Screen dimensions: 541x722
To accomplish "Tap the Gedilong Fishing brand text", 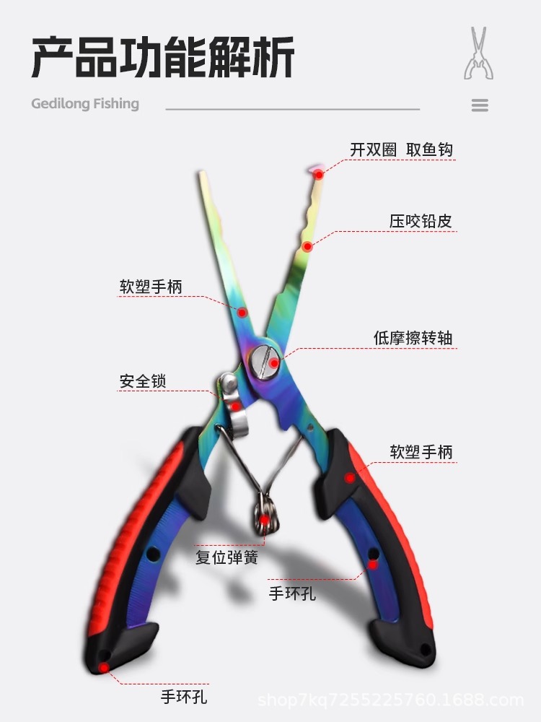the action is (85, 103).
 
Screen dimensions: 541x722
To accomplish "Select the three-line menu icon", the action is (480, 105).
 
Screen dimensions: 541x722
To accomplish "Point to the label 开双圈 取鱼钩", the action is (402, 149).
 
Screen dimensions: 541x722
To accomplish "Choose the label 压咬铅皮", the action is (421, 221).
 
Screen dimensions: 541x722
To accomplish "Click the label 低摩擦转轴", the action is (413, 337).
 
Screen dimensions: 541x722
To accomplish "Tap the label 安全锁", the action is (143, 380).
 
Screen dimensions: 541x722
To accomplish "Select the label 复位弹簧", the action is (226, 557).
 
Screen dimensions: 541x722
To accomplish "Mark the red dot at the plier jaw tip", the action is (318, 173).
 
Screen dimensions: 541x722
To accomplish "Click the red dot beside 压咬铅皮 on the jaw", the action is (307, 246).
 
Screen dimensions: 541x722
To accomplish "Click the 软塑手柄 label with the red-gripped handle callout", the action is (421, 452).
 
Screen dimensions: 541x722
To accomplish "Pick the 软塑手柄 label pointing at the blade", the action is (151, 287).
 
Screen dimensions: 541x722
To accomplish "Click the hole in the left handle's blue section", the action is (153, 554).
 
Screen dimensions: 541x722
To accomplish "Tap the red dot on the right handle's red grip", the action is (350, 477).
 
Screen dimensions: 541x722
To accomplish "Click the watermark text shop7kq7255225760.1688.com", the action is (390, 700).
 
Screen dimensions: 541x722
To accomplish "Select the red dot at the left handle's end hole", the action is (104, 668).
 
